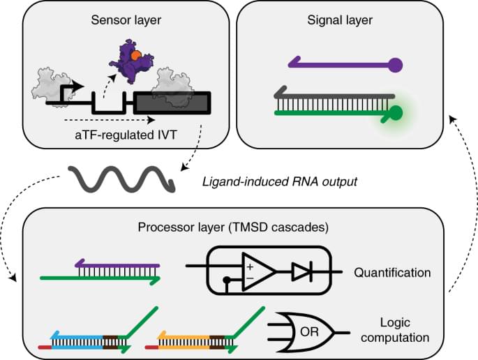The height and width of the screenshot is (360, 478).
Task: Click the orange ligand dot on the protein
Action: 140,54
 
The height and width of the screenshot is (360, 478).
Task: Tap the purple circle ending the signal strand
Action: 395,66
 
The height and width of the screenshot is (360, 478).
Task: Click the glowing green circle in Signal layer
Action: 397,112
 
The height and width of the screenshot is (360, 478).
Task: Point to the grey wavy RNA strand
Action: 118,180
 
